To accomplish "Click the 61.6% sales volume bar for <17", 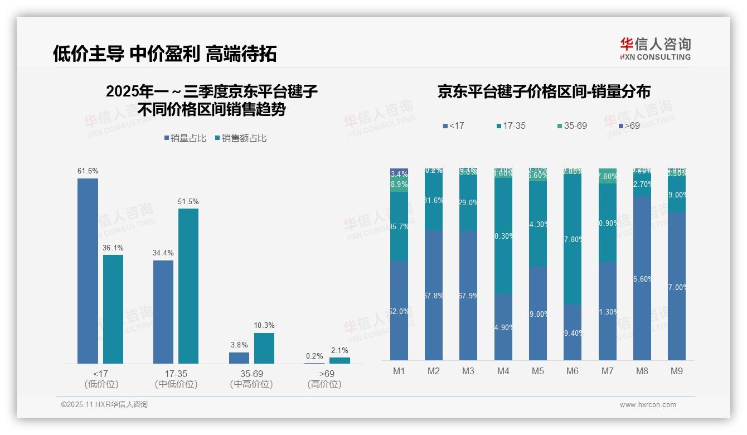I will (88, 271).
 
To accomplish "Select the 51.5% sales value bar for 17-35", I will (188, 286).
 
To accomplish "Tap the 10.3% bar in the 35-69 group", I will (264, 349).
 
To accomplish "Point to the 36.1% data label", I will (113, 248).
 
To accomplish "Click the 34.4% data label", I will (163, 253).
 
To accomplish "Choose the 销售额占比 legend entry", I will (240, 138).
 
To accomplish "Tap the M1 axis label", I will (399, 371).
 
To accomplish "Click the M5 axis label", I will (538, 371).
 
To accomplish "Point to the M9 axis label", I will (677, 371).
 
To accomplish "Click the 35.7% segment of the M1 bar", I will (399, 226).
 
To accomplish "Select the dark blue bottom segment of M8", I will (642, 278).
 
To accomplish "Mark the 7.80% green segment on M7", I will (608, 176).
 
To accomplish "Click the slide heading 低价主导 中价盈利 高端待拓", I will (164, 54).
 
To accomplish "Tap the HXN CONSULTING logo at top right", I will (655, 49).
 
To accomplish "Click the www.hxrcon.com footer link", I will (648, 405).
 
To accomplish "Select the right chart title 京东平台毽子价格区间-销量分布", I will (544, 92).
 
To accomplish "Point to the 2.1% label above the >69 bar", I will (339, 351).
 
